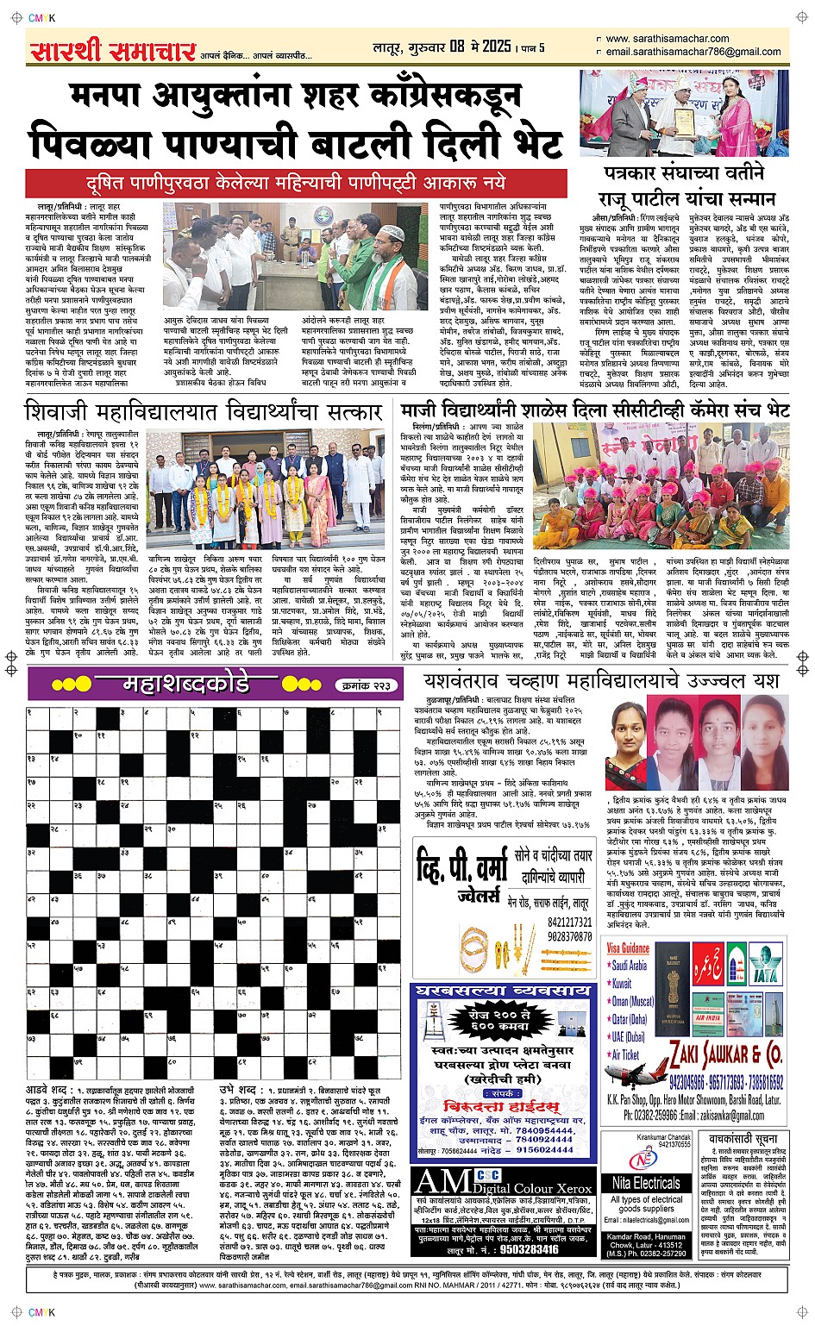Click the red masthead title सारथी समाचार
112,52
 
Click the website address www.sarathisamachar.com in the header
667,39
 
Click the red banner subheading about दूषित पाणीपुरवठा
296,184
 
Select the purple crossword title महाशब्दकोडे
185,685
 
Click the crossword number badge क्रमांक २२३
367,685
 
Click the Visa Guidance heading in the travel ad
628,948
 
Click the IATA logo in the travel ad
763,960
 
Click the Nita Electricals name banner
646,1183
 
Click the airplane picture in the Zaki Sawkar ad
636,1071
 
